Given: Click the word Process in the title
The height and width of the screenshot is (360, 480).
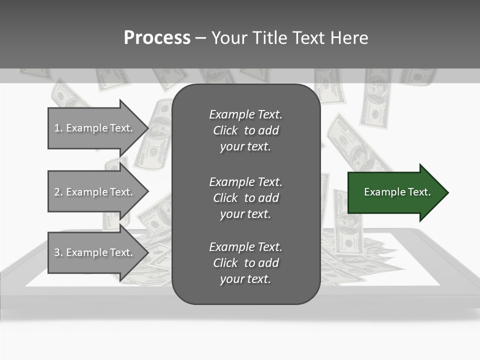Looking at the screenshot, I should pos(157,38).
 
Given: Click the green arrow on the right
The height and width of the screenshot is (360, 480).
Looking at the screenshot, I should pos(395,192).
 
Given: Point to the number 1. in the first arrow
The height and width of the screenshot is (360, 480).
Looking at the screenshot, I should pos(58,128).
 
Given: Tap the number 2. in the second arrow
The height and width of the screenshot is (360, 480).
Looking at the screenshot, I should pos(58,192).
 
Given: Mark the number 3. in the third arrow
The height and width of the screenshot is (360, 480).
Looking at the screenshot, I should pos(58,252).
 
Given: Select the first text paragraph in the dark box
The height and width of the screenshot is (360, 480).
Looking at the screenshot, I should pos(245,130).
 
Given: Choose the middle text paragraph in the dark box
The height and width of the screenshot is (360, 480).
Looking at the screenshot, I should pos(245,198).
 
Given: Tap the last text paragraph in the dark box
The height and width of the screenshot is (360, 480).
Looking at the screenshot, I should pos(245,263).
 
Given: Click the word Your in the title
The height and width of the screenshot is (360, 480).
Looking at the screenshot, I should pos(230,38).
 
